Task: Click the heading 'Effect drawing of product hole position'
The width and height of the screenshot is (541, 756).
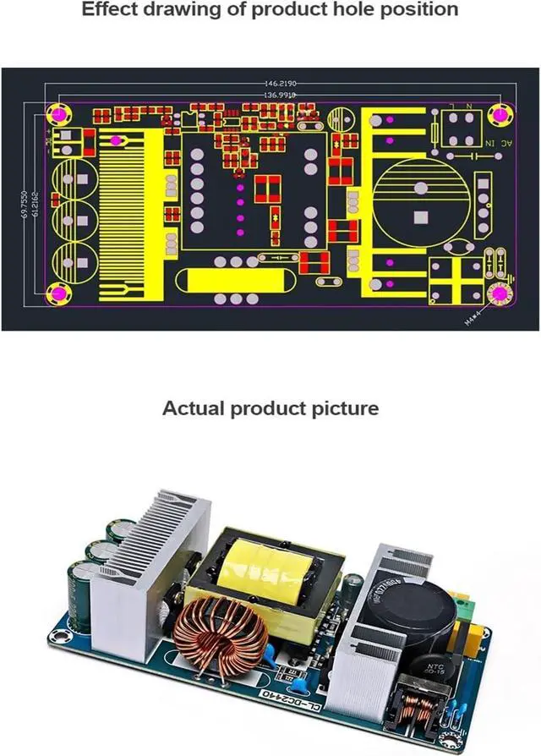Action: (x=270, y=10)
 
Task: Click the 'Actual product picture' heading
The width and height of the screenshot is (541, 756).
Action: (x=270, y=408)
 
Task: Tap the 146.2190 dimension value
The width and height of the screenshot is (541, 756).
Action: (x=280, y=84)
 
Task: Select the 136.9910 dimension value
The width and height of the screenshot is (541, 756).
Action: (x=280, y=96)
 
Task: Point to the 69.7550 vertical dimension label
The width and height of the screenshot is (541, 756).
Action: (x=25, y=205)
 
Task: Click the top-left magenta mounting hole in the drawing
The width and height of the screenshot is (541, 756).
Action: (x=60, y=112)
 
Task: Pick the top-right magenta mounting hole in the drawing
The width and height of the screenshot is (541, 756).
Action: (x=500, y=112)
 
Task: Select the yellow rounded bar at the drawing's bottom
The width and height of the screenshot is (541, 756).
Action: (x=223, y=280)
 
